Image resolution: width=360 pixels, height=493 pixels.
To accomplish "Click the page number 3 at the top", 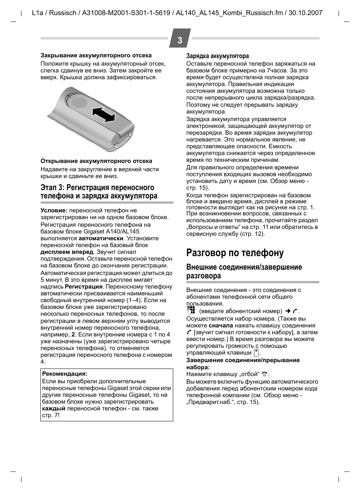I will click(180, 40).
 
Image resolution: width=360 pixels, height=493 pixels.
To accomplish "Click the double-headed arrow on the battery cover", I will click(103, 115).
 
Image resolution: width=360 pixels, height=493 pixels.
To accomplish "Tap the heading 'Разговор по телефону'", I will click(235, 253).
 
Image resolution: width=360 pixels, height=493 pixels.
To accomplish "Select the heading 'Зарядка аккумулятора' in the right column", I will click(217, 56).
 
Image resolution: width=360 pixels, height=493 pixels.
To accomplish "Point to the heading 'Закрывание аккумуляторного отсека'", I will click(96, 55).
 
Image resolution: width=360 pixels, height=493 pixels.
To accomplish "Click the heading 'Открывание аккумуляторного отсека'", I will click(96, 161).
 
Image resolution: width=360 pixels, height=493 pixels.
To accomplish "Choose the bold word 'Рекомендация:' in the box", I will click(65, 374).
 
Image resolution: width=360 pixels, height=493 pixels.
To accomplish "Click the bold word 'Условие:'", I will click(54, 210).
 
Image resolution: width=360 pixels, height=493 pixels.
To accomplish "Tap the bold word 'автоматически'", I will click(101, 238).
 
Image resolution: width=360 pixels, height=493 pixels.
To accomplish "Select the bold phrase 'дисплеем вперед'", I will click(67, 252).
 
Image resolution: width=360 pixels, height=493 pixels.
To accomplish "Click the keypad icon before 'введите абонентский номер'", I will click(191, 310).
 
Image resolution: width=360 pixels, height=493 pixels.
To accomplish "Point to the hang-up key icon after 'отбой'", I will click(265, 374).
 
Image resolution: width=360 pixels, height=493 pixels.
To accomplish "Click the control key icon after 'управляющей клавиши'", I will click(256, 353).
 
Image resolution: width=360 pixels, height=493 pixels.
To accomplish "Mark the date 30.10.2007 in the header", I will click(305, 13).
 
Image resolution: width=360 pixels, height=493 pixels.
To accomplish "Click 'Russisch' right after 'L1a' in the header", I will click(63, 13).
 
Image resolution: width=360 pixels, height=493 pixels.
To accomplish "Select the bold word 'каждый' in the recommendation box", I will click(54, 409).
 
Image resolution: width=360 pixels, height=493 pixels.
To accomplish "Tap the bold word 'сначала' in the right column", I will click(221, 326).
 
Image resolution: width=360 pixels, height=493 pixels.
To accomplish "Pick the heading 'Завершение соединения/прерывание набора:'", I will click(243, 364).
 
